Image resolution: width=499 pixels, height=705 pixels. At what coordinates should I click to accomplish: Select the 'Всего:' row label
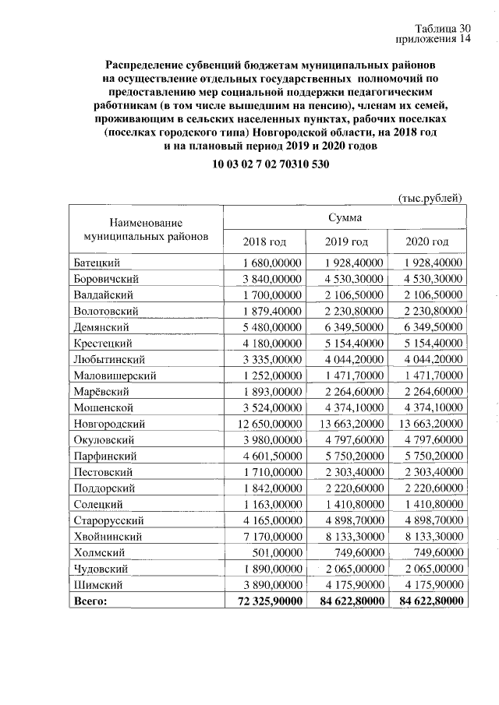(89, 601)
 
